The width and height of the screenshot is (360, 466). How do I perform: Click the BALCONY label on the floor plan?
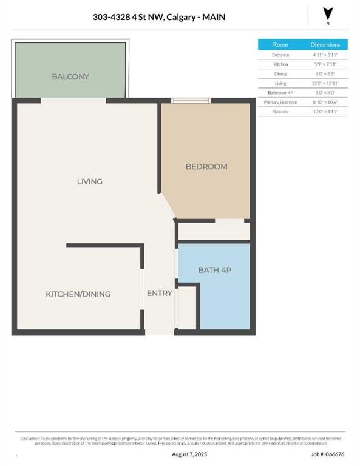pyautogui.click(x=70, y=77)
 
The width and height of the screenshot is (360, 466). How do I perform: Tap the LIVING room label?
pyautogui.click(x=89, y=181)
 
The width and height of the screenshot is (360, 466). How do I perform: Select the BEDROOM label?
pyautogui.click(x=206, y=167)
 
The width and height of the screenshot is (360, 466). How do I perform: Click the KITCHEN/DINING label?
pyautogui.click(x=78, y=294)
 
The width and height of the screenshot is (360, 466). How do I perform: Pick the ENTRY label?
pyautogui.click(x=160, y=294)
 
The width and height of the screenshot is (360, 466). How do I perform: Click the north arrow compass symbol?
pyautogui.click(x=328, y=15)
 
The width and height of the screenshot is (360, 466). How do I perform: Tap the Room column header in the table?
pyautogui.click(x=280, y=45)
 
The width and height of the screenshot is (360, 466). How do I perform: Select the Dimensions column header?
pyautogui.click(x=325, y=45)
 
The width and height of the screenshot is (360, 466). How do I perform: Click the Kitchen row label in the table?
pyautogui.click(x=280, y=64)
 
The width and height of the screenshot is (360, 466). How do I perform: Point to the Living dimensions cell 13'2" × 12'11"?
pyautogui.click(x=325, y=83)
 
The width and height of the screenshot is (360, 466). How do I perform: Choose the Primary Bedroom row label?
pyautogui.click(x=280, y=103)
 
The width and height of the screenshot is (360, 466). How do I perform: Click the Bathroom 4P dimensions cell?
pyautogui.click(x=325, y=93)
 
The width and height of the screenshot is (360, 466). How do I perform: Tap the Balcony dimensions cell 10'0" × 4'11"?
pyautogui.click(x=325, y=112)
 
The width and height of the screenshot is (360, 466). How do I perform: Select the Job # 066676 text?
pyautogui.click(x=328, y=454)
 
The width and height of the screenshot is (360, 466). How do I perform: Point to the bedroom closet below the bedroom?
pyautogui.click(x=213, y=231)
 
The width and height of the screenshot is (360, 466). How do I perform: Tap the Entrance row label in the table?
pyautogui.click(x=280, y=55)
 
